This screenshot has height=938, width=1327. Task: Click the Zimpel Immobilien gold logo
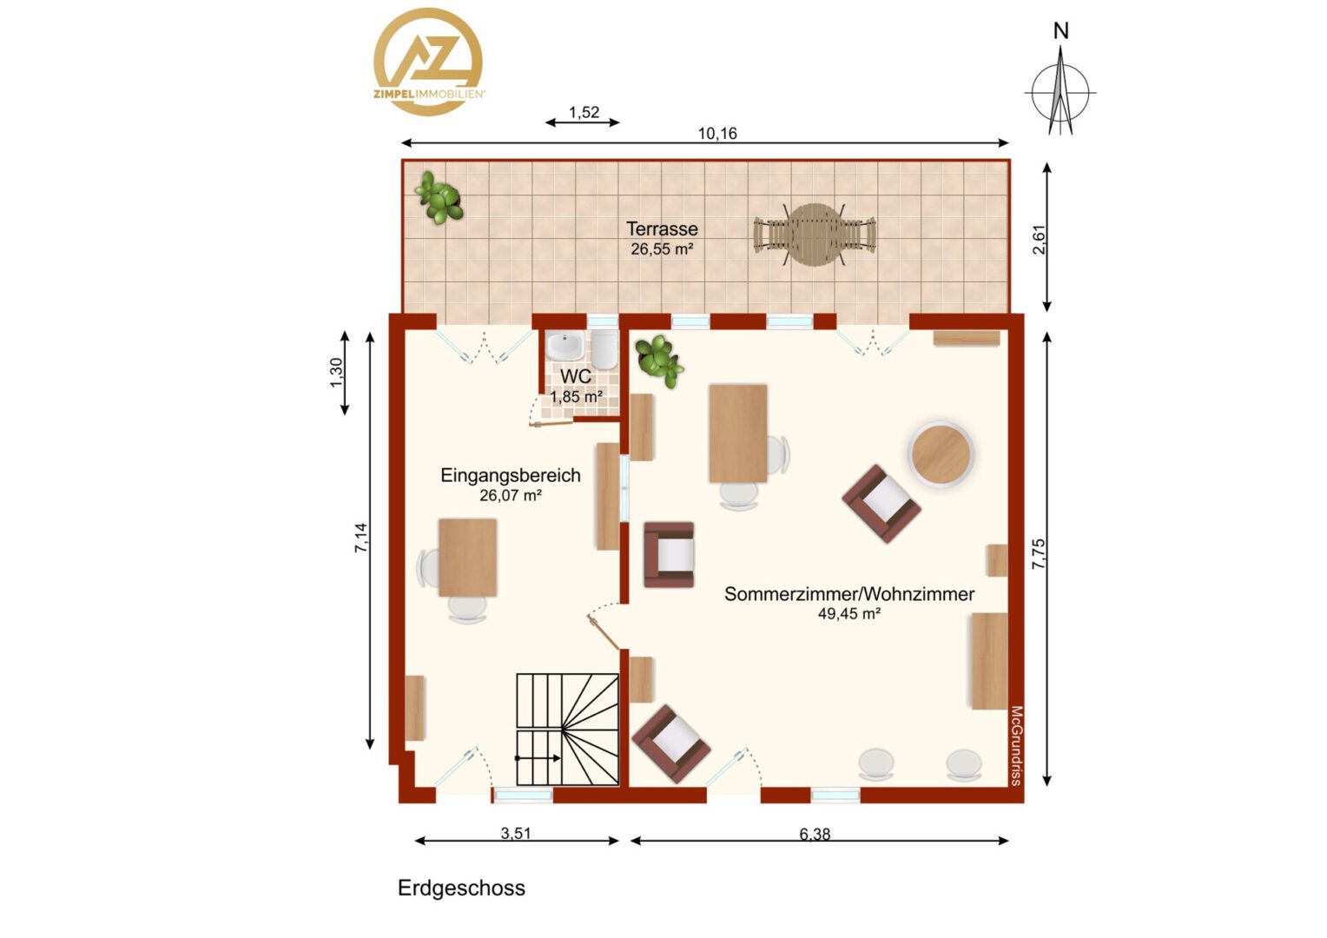click(429, 62)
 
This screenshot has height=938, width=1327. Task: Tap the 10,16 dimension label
click(717, 134)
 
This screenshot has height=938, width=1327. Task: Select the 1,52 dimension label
click(584, 112)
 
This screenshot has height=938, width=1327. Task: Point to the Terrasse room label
click(663, 228)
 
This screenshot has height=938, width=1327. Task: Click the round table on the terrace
click(815, 234)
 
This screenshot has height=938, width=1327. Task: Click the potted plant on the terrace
click(439, 198)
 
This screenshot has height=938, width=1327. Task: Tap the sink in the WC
click(564, 345)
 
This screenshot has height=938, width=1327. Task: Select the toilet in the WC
click(604, 349)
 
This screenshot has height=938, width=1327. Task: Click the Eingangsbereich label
click(511, 475)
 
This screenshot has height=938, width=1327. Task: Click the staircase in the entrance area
click(567, 730)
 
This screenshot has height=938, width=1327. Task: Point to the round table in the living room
click(941, 454)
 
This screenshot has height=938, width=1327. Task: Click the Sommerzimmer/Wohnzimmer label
click(849, 594)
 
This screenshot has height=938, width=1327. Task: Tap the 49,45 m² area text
click(849, 614)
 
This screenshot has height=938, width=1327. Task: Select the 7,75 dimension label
click(1039, 555)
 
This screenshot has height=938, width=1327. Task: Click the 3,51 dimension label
click(516, 833)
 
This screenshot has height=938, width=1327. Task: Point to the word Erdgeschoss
click(461, 888)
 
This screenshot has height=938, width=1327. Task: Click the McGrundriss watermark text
click(1017, 745)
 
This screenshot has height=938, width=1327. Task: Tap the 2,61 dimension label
click(1040, 240)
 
